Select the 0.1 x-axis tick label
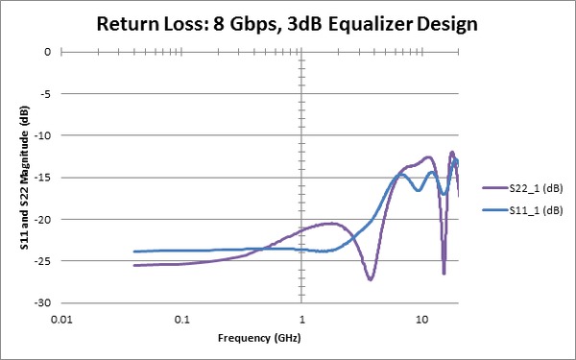coord(181,319)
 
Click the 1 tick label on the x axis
coord(302,319)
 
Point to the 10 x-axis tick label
coord(422,319)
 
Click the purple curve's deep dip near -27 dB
coord(370,278)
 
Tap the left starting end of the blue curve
coord(134,252)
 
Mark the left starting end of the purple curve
coord(134,265)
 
